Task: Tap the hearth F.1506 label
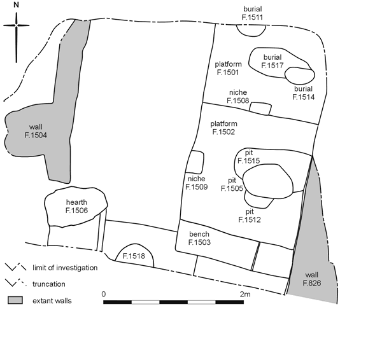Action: pyautogui.click(x=76, y=206)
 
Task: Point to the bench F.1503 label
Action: pyautogui.click(x=199, y=238)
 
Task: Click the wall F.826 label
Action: pyautogui.click(x=312, y=279)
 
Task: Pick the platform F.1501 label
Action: pyautogui.click(x=228, y=68)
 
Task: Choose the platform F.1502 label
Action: pyautogui.click(x=223, y=128)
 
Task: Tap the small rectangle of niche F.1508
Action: pyautogui.click(x=260, y=109)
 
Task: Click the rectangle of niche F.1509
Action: pyautogui.click(x=195, y=162)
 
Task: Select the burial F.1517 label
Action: pyautogui.click(x=272, y=61)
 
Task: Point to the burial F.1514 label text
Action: pyautogui.click(x=303, y=93)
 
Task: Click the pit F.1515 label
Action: pyautogui.click(x=249, y=156)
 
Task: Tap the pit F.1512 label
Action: pyautogui.click(x=250, y=216)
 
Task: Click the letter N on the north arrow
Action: pyautogui.click(x=16, y=4)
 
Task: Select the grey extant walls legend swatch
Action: pyautogui.click(x=15, y=300)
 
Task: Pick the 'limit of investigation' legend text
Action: pyautogui.click(x=65, y=268)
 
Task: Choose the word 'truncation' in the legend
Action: pyautogui.click(x=49, y=284)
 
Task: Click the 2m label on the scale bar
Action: pyautogui.click(x=245, y=294)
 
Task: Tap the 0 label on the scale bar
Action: pyautogui.click(x=104, y=294)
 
